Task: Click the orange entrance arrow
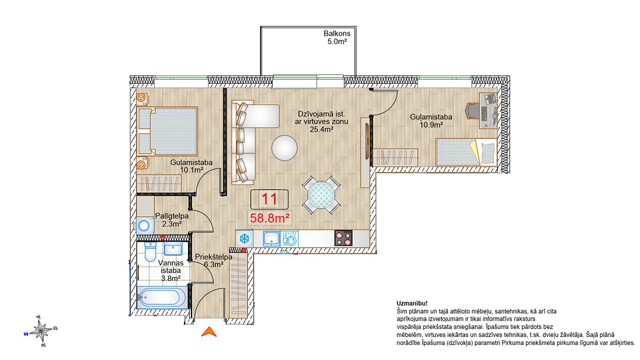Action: point(209,332)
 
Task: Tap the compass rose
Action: point(41,330)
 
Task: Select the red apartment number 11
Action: point(269,199)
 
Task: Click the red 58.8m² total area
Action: point(270,218)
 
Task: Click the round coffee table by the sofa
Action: point(284,148)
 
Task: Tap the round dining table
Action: point(321,195)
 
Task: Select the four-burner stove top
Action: point(344,238)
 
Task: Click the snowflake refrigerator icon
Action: point(244,238)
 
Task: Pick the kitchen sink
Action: point(271,238)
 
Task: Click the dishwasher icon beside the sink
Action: point(289,239)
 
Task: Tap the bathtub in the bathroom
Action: point(162,297)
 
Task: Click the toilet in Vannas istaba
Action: point(150,252)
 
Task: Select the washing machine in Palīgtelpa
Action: point(145,226)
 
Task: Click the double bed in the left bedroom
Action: point(167,131)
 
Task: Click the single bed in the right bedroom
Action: point(466,152)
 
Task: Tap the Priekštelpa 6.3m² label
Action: point(213,261)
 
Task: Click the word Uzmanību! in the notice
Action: point(412,303)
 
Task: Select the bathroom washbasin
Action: point(174,249)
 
